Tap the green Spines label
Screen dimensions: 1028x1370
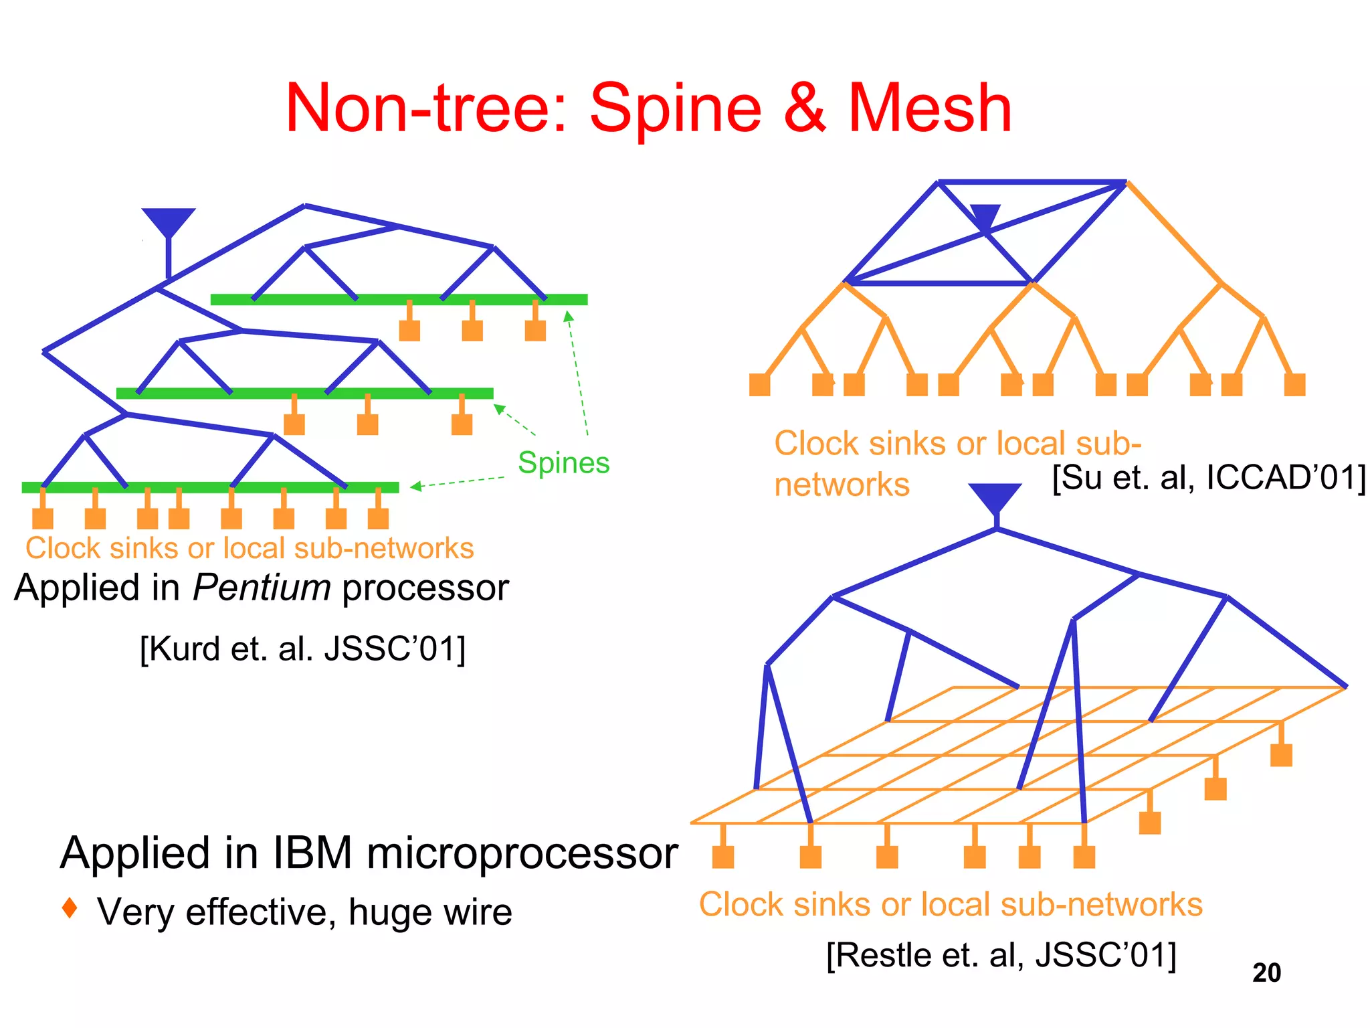(563, 462)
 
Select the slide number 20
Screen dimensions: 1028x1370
(1266, 972)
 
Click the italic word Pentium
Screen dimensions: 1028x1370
(262, 588)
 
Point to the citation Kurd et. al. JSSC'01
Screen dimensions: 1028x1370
(302, 649)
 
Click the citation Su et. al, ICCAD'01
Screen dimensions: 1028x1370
(1208, 478)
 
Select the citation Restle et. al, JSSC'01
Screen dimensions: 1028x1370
(1001, 955)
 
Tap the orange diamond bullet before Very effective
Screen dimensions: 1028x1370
(70, 908)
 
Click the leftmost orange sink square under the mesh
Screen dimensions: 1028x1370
(723, 857)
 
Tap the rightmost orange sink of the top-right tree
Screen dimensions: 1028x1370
(1294, 385)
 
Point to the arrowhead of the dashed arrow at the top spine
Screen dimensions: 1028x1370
(568, 317)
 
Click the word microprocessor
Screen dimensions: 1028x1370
(522, 853)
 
